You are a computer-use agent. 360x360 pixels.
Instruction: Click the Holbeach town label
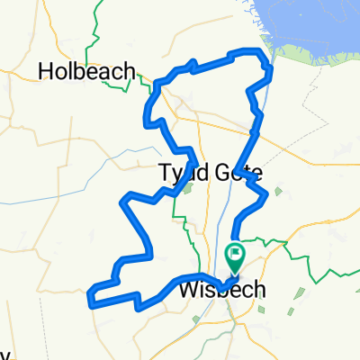point(86,69)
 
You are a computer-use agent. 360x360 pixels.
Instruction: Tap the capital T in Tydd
point(165,171)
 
